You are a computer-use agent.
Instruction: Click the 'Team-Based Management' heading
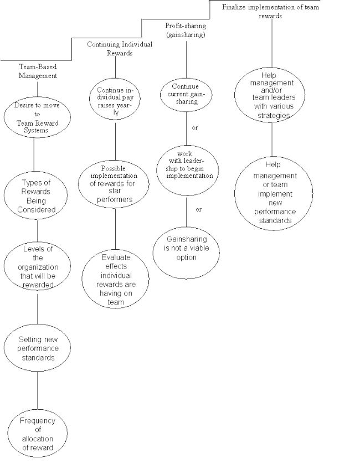(38, 71)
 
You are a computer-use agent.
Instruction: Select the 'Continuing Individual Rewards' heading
(120, 49)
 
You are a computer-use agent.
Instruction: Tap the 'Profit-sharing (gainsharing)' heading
(186, 30)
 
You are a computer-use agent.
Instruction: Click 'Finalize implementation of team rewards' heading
(270, 12)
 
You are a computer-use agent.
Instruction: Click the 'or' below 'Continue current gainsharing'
(195, 128)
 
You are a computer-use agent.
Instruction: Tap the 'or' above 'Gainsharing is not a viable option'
(199, 209)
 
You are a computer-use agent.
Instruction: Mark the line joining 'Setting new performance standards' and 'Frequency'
(38, 390)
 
